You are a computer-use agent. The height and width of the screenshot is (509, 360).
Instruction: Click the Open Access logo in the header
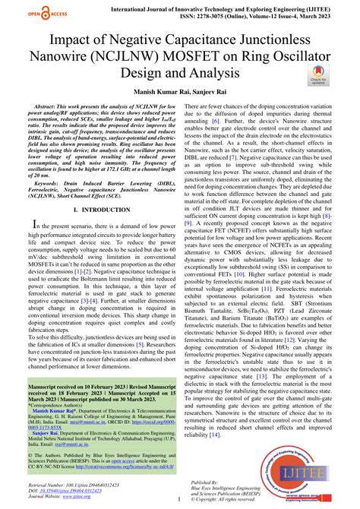pos(26,11)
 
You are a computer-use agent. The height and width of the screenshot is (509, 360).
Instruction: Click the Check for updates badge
pos(317,73)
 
